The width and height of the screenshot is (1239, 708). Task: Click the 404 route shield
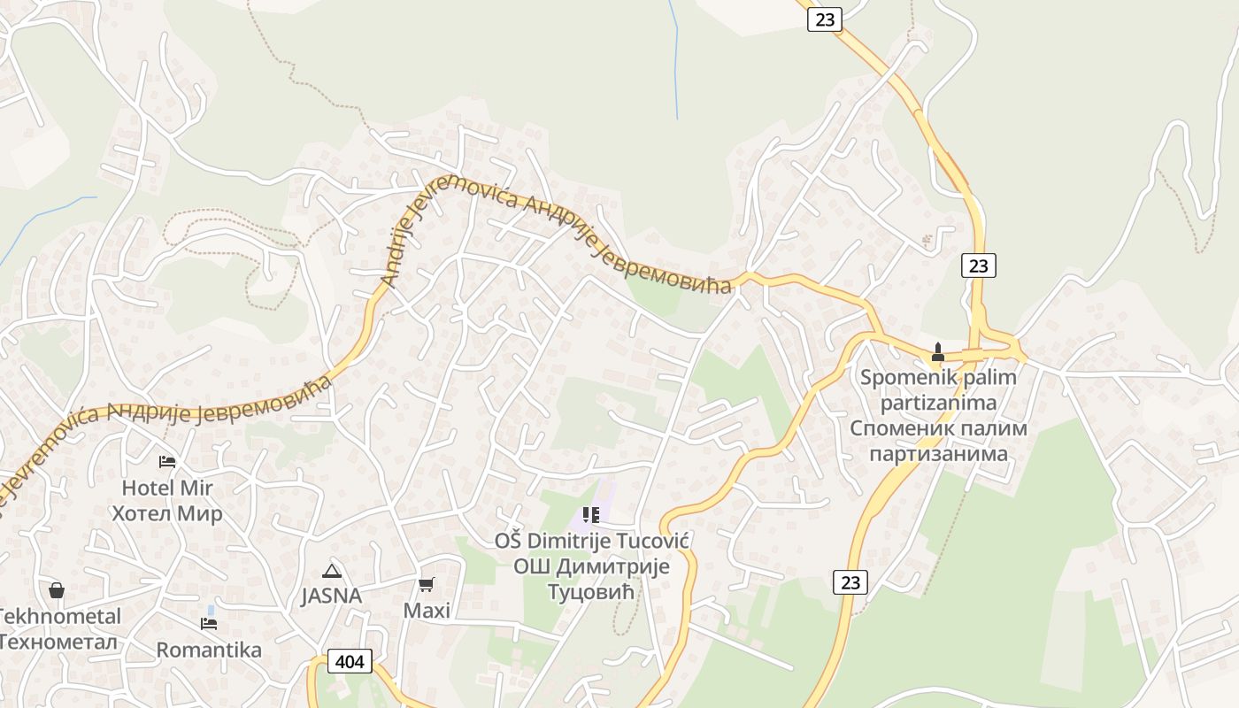[x=350, y=660]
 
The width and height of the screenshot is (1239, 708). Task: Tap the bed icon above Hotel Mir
[x=166, y=462]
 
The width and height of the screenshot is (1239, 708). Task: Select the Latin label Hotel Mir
[x=167, y=488]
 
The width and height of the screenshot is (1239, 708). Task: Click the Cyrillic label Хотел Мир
[x=167, y=513]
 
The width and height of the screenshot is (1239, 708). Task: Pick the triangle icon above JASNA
[x=332, y=571]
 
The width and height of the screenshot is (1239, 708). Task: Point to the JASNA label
[x=332, y=596]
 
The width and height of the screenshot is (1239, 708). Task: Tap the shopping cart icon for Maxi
[x=427, y=584]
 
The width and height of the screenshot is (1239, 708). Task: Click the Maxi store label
[x=427, y=611]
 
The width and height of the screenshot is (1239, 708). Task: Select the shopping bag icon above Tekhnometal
[x=57, y=590]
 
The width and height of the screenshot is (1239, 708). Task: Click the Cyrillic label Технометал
[x=58, y=642]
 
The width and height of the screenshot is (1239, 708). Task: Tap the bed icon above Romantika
[x=209, y=623]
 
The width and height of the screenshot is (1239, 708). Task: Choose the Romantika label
[x=209, y=650]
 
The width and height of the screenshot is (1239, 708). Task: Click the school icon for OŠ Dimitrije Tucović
[x=590, y=514]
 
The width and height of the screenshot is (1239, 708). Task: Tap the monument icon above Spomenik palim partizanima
[x=938, y=352]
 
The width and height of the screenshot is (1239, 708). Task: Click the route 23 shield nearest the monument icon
[x=978, y=265]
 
